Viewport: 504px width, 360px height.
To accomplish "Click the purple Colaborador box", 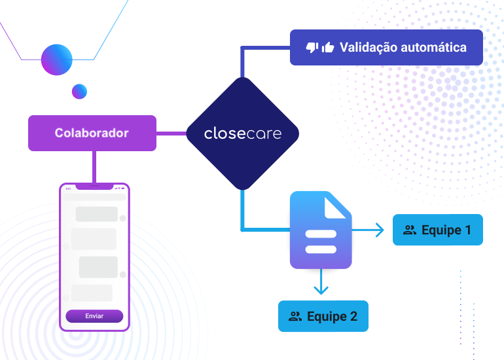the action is pos(92,133).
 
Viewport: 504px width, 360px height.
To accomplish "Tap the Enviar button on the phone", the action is pos(94,316).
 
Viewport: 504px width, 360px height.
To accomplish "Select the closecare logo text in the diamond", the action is pos(243,134).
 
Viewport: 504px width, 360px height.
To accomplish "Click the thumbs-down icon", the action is pos(312,48).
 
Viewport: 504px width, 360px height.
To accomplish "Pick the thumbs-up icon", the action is pos(328,47).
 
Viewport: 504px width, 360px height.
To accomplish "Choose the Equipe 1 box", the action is pos(438,230).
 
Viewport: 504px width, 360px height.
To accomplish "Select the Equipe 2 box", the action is pos(323,316).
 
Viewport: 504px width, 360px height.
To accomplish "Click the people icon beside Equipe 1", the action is pos(410,230).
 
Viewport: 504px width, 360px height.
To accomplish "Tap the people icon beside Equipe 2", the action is pos(295,316).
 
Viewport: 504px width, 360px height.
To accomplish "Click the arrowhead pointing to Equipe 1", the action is pos(380,230).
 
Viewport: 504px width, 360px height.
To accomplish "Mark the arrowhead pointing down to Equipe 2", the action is pos(321,290).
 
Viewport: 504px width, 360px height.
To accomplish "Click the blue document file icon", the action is pos(321,230).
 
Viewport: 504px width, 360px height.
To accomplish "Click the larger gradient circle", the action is pos(56,60).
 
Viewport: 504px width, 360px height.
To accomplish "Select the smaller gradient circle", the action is pos(79,92).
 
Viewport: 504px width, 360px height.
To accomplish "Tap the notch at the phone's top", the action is pos(94,187).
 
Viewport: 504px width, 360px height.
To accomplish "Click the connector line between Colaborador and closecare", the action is pos(171,134).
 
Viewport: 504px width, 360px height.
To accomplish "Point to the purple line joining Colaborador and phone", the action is pos(94,167).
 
